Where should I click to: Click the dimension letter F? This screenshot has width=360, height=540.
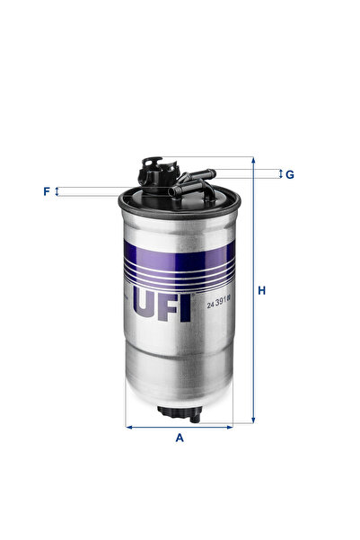pyautogui.click(x=46, y=191)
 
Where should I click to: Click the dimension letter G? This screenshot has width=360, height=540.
pyautogui.click(x=290, y=173)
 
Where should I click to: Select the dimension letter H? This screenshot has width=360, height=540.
pyautogui.click(x=262, y=290)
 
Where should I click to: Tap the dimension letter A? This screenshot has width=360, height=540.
pyautogui.click(x=180, y=438)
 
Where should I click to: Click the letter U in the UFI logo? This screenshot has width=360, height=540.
pyautogui.click(x=146, y=304)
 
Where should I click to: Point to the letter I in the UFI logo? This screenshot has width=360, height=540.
pyautogui.click(x=186, y=304)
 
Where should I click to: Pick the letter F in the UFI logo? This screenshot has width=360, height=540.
pyautogui.click(x=170, y=304)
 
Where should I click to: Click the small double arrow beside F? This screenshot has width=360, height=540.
pyautogui.click(x=58, y=191)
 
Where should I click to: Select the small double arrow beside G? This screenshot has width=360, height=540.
pyautogui.click(x=278, y=173)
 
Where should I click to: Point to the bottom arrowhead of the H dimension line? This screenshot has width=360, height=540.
pyautogui.click(x=253, y=420)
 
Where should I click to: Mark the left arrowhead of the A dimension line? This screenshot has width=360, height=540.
pyautogui.click(x=128, y=426)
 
